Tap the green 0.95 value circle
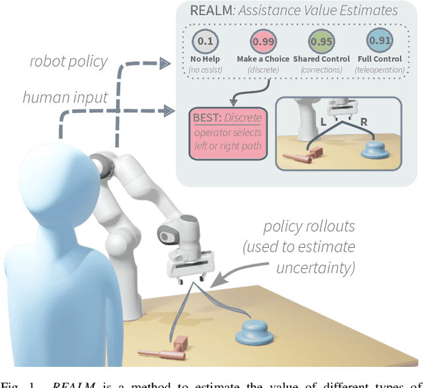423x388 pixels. click(322, 42)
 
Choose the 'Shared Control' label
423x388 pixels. click(322, 59)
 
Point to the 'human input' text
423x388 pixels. click(65, 97)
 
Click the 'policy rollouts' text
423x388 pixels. click(309, 227)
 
